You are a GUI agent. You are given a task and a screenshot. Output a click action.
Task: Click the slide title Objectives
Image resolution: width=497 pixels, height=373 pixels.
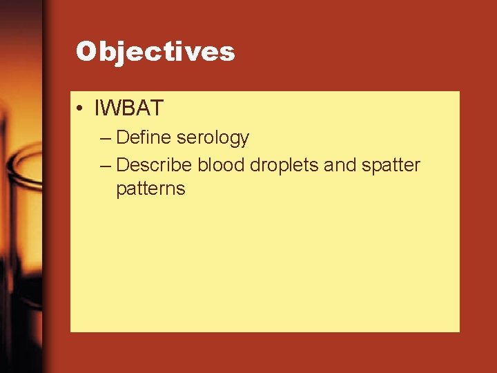click(x=155, y=52)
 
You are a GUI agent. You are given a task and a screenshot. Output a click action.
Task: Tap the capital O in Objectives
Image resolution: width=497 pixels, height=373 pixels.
click(x=86, y=52)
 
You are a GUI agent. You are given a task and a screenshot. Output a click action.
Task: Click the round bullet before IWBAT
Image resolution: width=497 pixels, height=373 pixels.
click(x=81, y=108)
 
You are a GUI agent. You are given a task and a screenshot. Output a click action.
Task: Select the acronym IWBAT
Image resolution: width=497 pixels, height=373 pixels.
click(x=130, y=108)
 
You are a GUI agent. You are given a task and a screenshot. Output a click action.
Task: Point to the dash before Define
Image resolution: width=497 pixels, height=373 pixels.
click(x=104, y=138)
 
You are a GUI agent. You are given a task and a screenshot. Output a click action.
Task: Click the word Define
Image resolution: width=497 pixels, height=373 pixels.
click(x=144, y=137)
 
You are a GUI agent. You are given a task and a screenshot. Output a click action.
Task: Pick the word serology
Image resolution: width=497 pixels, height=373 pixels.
click(x=213, y=138)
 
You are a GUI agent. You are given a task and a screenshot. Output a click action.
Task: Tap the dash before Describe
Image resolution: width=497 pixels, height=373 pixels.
click(x=104, y=166)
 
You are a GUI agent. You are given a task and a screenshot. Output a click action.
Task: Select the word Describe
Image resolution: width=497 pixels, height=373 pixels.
click(x=155, y=165)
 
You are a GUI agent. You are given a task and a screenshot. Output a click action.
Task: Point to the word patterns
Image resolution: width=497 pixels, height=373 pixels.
click(x=150, y=189)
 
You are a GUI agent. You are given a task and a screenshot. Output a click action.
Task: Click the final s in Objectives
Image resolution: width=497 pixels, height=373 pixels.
click(x=228, y=54)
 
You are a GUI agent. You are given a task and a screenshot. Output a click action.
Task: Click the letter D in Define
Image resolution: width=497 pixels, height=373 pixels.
click(x=123, y=137)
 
